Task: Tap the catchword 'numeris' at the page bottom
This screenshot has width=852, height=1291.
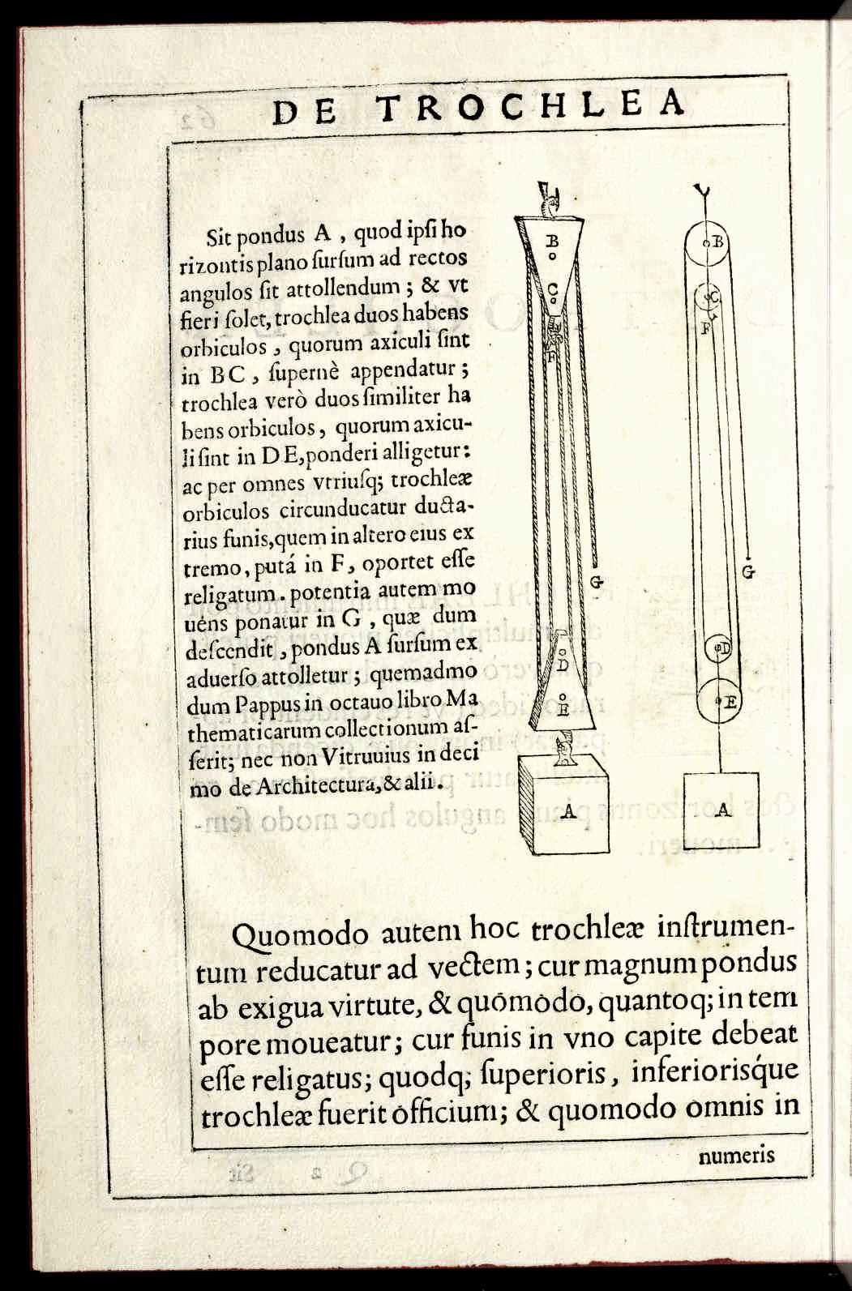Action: coord(735,1156)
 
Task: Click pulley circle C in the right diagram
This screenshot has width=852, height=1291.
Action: coord(712,297)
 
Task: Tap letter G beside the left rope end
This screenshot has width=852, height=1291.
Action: coord(597,580)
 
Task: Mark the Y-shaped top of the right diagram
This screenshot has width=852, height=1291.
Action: coord(703,193)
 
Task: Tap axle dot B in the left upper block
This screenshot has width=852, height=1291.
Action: coord(551,255)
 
